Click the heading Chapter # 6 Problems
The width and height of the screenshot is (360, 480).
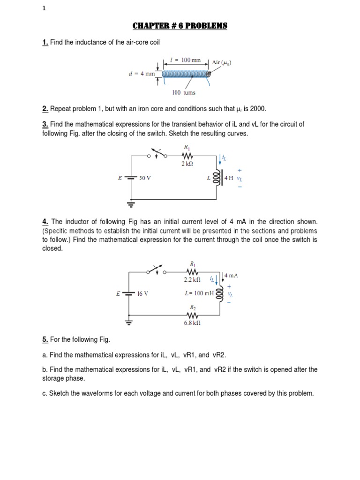(x=180, y=25)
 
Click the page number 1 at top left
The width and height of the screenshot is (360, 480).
(x=44, y=8)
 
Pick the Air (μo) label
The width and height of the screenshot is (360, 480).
(x=222, y=62)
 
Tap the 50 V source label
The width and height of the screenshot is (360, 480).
(x=145, y=179)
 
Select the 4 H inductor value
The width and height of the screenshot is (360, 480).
(x=228, y=178)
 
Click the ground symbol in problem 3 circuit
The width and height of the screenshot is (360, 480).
(x=131, y=204)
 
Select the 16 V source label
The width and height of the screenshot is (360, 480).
(x=142, y=294)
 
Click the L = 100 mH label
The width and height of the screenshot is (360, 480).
(x=199, y=293)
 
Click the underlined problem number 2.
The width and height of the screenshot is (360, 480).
(x=45, y=109)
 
